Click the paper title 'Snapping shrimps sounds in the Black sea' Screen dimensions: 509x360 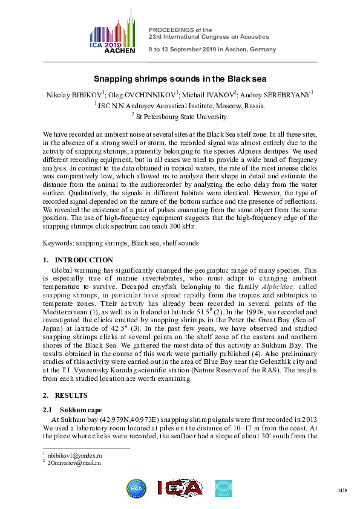point(180,79)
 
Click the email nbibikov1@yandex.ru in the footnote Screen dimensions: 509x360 point(73,455)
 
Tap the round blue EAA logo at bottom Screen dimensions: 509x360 point(136,487)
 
